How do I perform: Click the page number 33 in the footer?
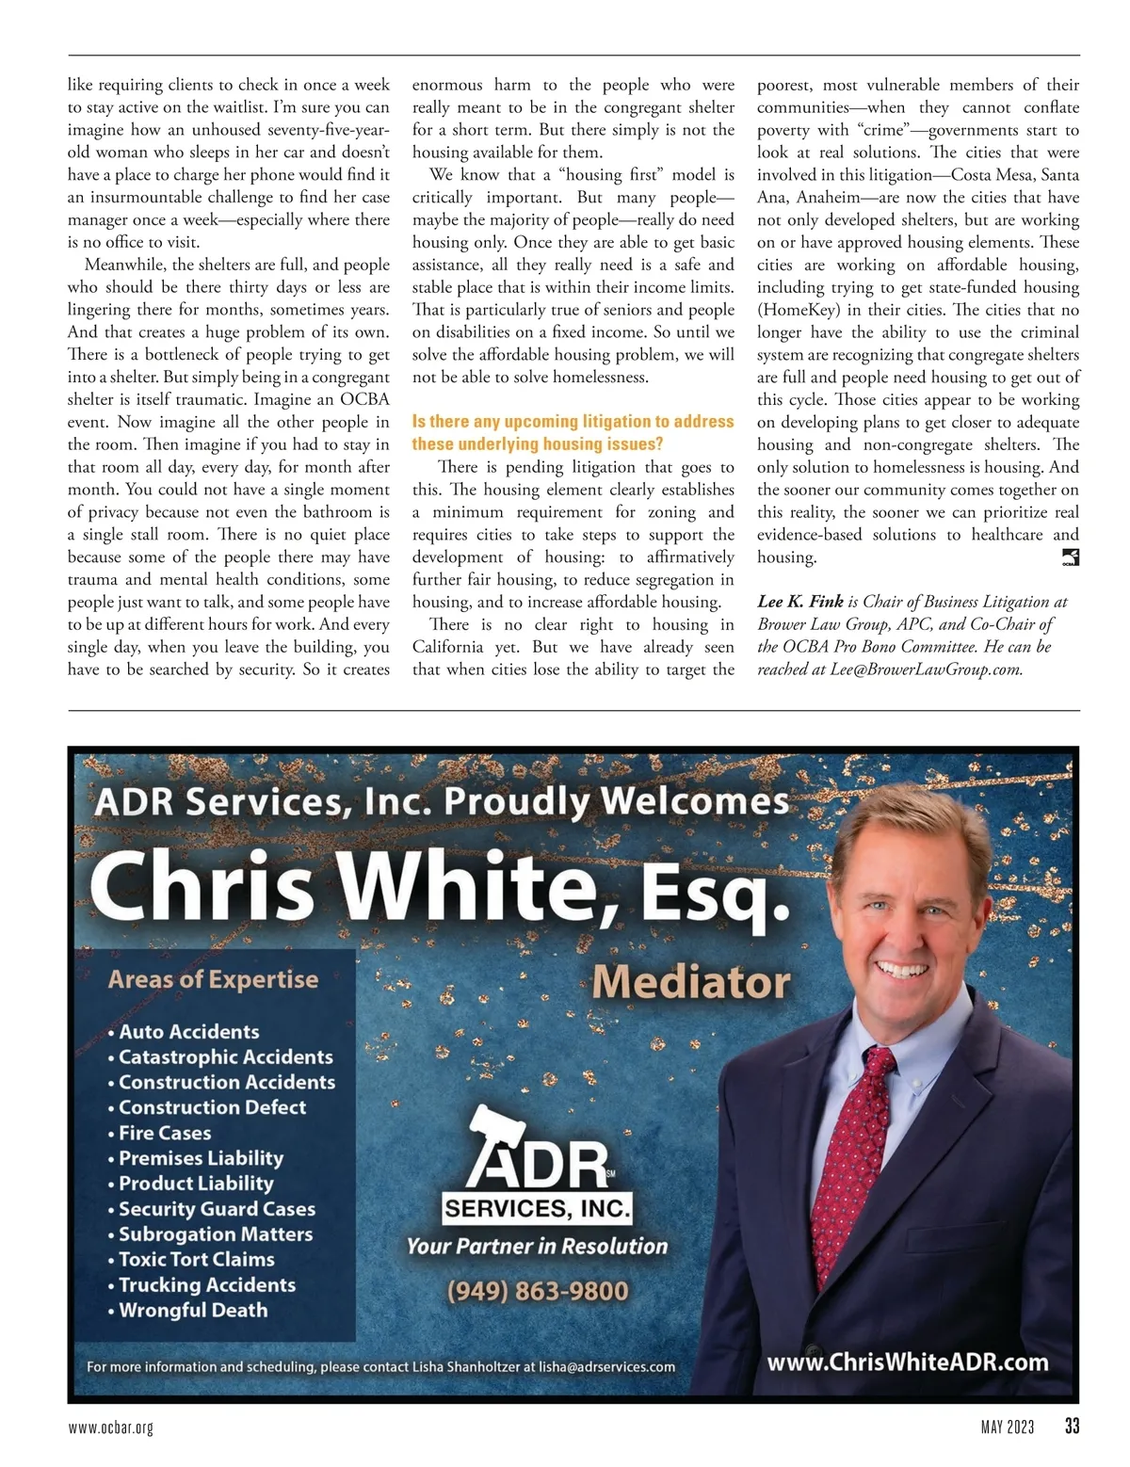coord(1072,1427)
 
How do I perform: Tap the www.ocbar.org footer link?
coord(110,1427)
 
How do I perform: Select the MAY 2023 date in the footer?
coord(1007,1427)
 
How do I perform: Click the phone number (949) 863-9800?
coord(538,1290)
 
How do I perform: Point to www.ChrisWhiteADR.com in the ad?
coord(907,1362)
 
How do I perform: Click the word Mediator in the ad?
coord(691,981)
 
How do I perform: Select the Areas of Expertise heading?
coord(213,979)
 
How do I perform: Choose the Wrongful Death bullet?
coord(193,1310)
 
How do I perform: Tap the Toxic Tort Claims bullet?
coord(197,1259)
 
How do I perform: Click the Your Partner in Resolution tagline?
coord(537,1246)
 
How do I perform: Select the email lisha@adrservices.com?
coord(606,1366)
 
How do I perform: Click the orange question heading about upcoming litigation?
coord(573,432)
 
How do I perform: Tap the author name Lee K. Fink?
coord(800,602)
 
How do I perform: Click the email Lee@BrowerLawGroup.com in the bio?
coord(927,669)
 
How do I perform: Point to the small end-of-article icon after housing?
coord(1070,557)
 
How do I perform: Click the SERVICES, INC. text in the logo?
coord(537,1208)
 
